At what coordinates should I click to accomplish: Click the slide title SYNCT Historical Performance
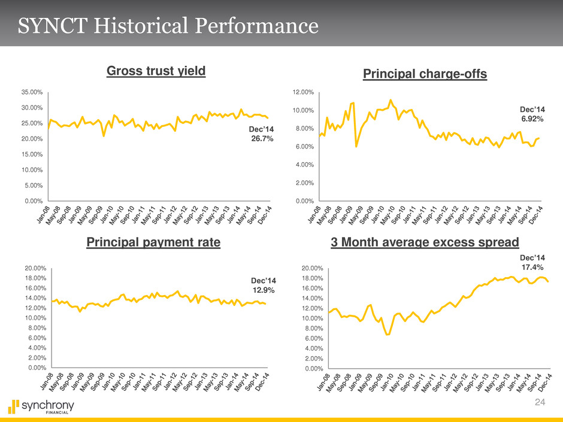(168, 26)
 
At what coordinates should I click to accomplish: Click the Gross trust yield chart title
(156, 71)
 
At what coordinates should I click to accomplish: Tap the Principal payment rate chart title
(154, 242)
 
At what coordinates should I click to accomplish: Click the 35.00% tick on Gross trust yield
(31, 92)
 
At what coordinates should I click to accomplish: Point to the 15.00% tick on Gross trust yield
(31, 154)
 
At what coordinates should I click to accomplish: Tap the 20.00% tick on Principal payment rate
(31, 269)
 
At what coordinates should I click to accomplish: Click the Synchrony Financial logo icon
(14, 406)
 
